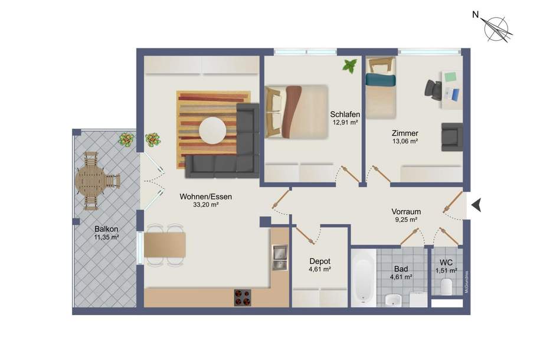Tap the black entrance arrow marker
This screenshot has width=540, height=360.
tap(478, 205)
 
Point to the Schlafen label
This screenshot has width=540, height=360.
tap(345, 114)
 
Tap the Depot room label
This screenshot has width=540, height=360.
tap(320, 261)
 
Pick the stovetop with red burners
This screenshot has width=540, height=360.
tap(243, 297)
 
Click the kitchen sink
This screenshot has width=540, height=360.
tap(279, 257)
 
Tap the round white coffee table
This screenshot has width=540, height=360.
tap(212, 130)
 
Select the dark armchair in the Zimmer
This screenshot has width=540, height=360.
tap(452, 137)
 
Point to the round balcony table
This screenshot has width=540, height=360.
tap(91, 179)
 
